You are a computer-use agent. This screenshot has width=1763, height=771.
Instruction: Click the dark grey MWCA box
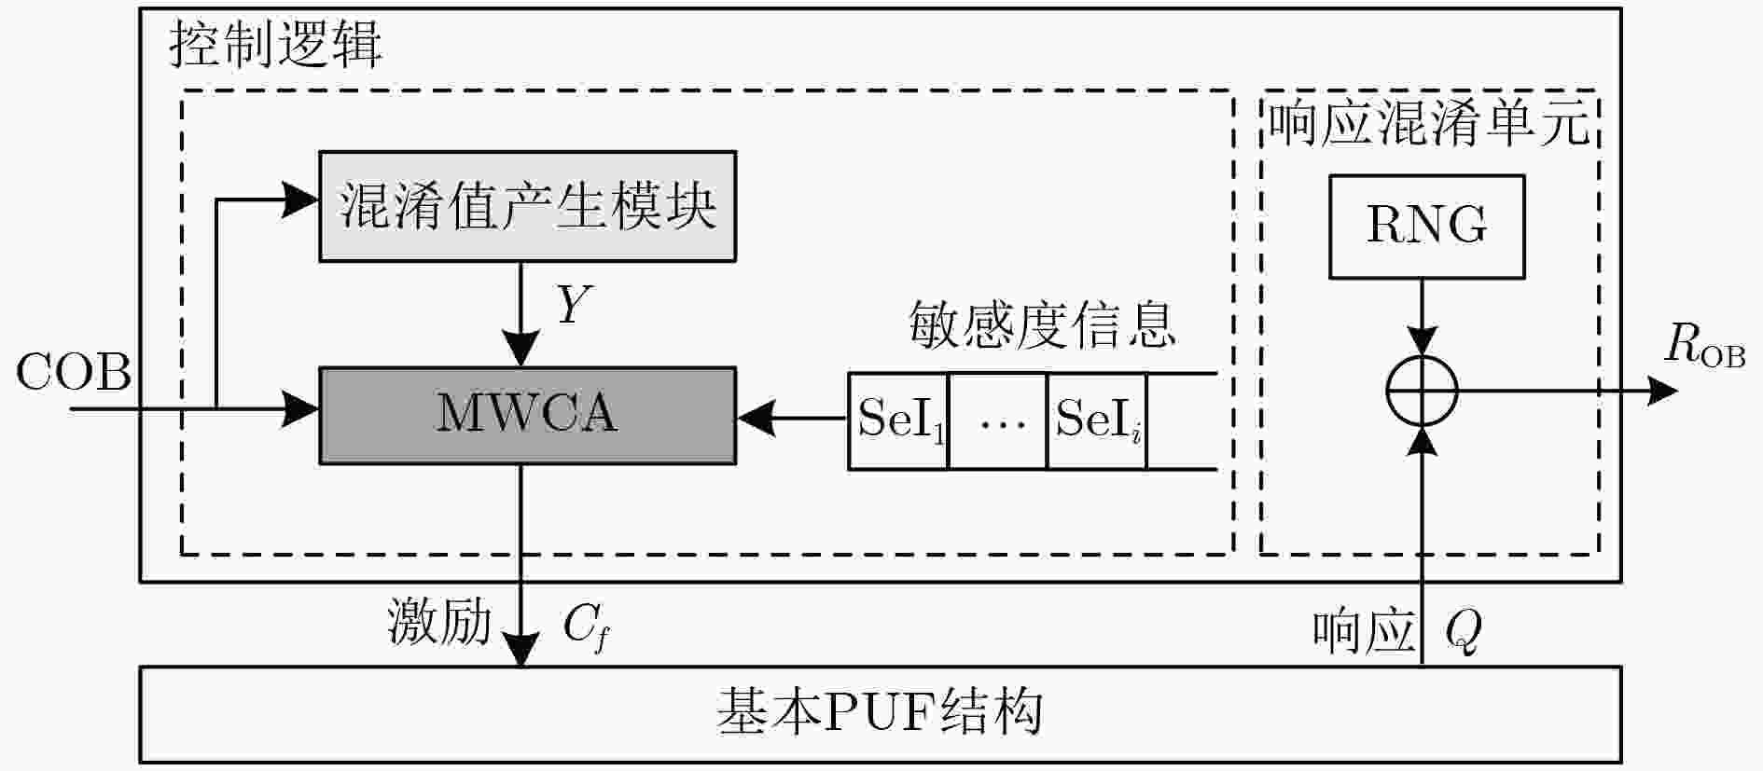(x=527, y=416)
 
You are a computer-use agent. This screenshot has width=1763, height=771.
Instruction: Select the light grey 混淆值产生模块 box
(x=527, y=206)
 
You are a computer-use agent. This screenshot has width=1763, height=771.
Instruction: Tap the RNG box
(x=1426, y=227)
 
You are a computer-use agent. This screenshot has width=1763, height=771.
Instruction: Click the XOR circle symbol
(x=1422, y=391)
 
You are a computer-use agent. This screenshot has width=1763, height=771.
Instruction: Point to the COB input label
(x=73, y=373)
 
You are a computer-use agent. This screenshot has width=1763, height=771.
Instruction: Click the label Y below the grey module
(x=573, y=304)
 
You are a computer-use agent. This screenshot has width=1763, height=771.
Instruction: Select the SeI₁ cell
(x=898, y=420)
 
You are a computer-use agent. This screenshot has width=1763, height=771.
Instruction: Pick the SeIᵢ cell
(x=1097, y=420)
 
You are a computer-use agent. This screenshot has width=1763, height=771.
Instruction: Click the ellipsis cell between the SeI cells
(x=998, y=420)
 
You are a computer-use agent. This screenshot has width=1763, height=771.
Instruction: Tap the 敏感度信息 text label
(x=1042, y=325)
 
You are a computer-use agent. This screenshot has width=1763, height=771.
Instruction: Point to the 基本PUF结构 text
(x=879, y=713)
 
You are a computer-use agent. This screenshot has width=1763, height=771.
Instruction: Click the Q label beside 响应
(x=1463, y=631)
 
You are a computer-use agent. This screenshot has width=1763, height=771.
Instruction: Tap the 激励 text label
(x=439, y=622)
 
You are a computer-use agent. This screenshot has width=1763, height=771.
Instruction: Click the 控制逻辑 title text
(x=275, y=44)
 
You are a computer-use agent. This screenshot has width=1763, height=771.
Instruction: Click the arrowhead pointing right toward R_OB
(x=1662, y=391)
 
